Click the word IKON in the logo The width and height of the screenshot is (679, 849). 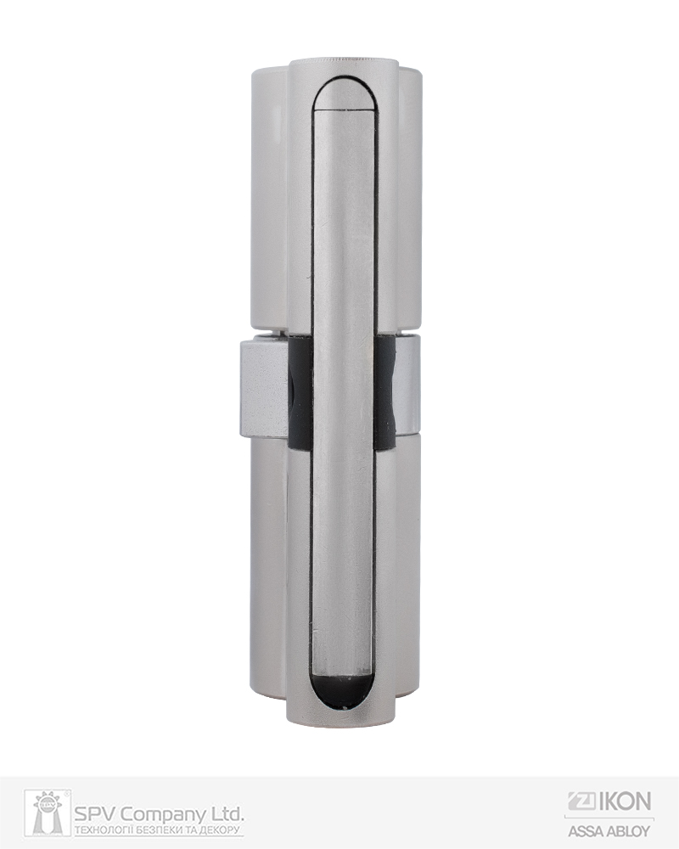pos(626,801)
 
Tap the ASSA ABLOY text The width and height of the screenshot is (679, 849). pos(609,830)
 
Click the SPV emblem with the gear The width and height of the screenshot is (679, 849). pos(48,813)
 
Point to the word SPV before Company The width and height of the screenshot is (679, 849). pos(96,814)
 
